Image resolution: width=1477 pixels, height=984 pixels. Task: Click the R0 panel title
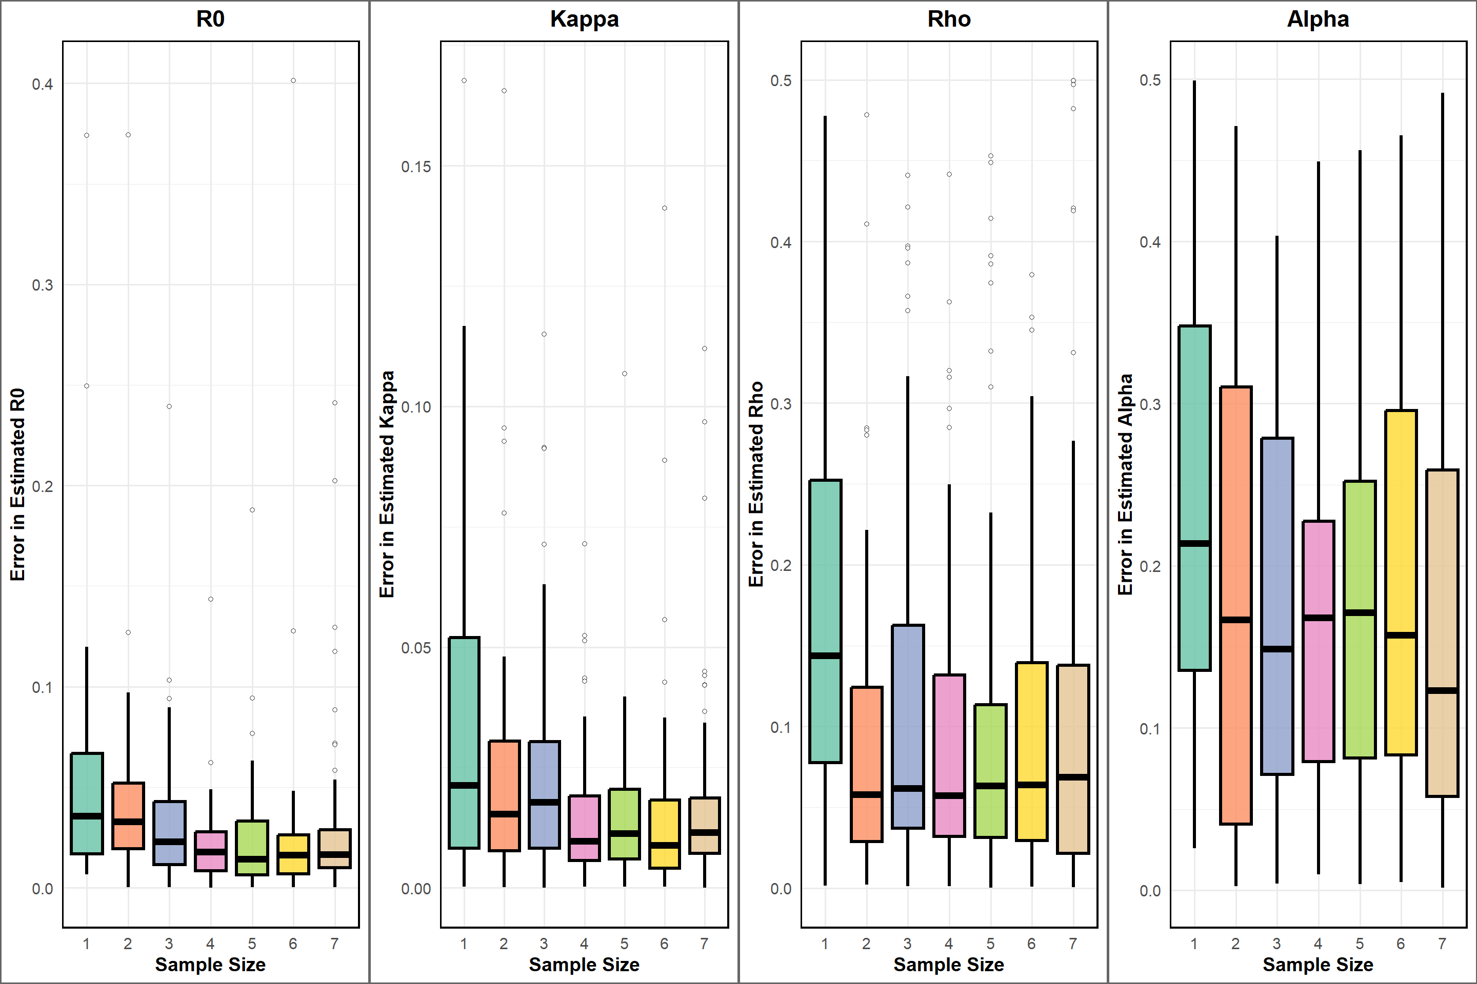pyautogui.click(x=210, y=19)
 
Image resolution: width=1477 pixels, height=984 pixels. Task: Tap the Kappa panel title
pyautogui.click(x=584, y=19)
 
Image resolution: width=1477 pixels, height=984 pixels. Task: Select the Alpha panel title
pyautogui.click(x=1318, y=19)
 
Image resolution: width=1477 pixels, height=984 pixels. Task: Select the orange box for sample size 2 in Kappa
pyautogui.click(x=504, y=778)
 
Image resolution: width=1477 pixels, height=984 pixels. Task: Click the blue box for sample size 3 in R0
pyautogui.click(x=169, y=822)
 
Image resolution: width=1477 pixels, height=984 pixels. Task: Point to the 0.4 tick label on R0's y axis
pyautogui.click(x=43, y=84)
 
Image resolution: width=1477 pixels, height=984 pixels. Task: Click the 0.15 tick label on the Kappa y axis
pyautogui.click(x=416, y=167)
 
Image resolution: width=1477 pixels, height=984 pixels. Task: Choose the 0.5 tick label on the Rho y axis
pyautogui.click(x=781, y=81)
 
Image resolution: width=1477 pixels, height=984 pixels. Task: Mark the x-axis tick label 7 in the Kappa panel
pyautogui.click(x=705, y=943)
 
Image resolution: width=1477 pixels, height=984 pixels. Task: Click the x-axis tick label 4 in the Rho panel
pyautogui.click(x=949, y=943)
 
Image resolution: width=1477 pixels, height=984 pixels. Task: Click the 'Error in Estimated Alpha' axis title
pyautogui.click(x=1125, y=484)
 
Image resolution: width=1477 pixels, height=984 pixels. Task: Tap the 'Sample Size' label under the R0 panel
pyautogui.click(x=210, y=965)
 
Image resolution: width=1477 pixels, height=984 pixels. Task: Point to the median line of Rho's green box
pyautogui.click(x=825, y=656)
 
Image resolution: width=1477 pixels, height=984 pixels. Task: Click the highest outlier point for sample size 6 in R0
pyautogui.click(x=293, y=80)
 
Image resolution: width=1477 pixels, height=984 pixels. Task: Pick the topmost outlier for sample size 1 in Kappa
pyautogui.click(x=464, y=80)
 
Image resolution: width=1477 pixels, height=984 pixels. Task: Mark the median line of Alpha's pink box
pyautogui.click(x=1318, y=618)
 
